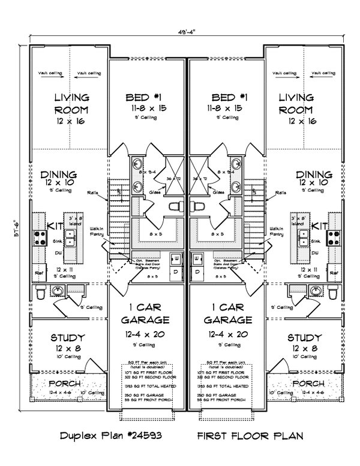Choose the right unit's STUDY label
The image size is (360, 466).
(x=304, y=338)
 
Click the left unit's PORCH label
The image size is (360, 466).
(x=65, y=383)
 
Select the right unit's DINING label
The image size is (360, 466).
(x=314, y=173)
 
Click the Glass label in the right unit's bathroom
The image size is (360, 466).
(x=218, y=193)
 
